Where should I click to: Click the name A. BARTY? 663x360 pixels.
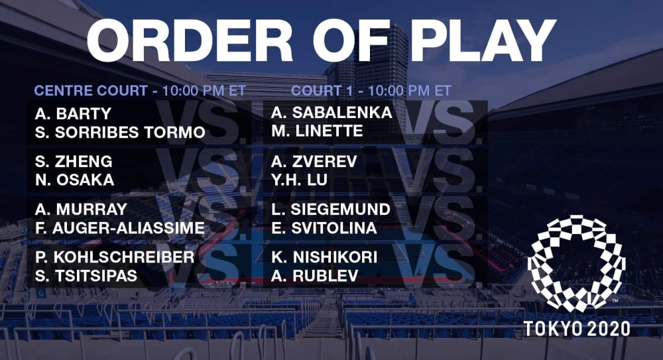73,114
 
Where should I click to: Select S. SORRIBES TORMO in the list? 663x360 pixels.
120,133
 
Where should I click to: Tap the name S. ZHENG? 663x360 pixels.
74,162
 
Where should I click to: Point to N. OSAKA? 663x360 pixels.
75,180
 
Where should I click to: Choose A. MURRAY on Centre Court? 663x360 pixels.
81,210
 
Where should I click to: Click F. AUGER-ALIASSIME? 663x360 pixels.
120,228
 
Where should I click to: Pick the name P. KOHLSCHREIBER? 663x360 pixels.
115,257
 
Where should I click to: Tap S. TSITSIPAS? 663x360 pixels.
86,276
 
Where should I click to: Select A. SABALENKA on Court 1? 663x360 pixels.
332,113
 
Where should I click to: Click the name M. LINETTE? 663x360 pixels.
317,131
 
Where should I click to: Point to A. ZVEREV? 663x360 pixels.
314,162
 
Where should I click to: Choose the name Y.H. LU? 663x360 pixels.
300,180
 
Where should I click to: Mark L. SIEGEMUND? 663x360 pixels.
331,210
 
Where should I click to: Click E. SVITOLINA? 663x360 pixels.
324,228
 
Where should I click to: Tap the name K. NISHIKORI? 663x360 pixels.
324,257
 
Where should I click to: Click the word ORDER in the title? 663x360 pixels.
190,40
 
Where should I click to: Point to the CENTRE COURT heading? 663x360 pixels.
91,91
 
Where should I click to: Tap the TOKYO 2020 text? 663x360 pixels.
577,329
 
